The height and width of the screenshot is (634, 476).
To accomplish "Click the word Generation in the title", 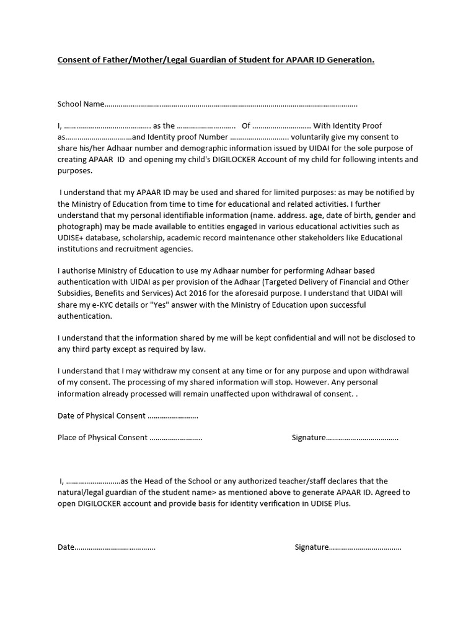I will (x=351, y=60).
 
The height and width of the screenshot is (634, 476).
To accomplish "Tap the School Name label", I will (x=81, y=104).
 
